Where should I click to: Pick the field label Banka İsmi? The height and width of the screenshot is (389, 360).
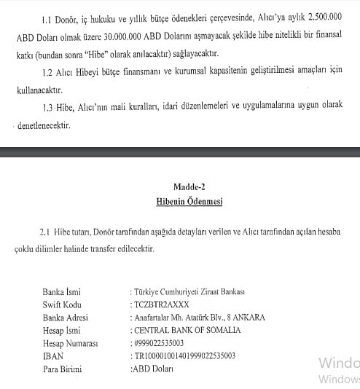pyautogui.click(x=65, y=291)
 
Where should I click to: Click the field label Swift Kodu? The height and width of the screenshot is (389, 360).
pyautogui.click(x=65, y=304)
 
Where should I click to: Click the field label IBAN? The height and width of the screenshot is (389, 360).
pyautogui.click(x=54, y=355)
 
